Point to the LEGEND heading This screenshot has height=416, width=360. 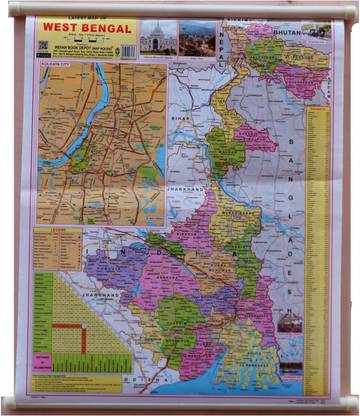(44, 229)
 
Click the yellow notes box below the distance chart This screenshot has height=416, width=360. (75, 381)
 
